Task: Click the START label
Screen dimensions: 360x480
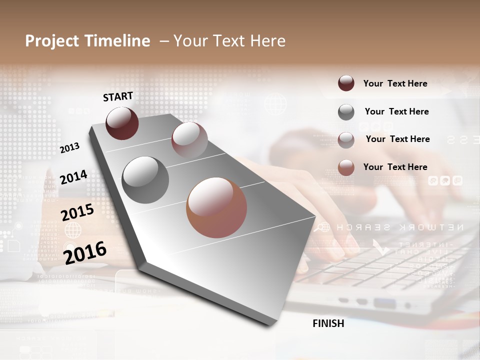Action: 118,96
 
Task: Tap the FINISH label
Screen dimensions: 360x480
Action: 328,323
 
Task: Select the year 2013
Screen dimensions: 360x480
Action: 70,147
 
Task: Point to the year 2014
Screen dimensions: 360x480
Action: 73,177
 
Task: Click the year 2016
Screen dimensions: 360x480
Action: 85,252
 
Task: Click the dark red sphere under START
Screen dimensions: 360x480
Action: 122,123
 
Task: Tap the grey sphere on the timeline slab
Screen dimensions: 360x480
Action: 145,180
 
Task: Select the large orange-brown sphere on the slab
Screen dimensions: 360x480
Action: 216,207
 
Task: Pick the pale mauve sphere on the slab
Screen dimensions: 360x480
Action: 189,139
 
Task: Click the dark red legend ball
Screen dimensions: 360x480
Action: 346,83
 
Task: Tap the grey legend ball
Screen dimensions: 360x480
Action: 346,112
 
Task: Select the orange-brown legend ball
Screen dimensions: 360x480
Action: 346,167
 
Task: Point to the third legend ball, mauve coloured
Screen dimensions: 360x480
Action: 346,140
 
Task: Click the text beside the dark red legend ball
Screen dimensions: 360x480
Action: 395,83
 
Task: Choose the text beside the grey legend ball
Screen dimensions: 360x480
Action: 396,111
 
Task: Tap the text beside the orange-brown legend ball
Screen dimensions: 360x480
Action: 395,167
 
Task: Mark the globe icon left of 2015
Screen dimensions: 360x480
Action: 73,230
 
